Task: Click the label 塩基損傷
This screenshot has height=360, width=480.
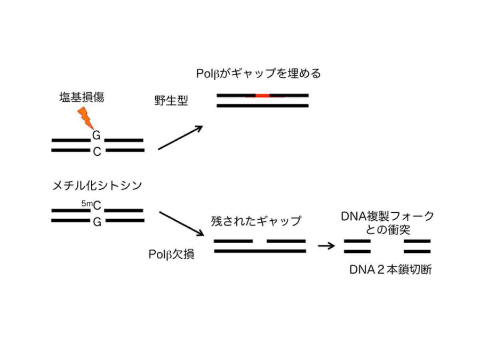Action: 82,97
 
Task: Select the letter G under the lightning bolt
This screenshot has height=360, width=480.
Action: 97,135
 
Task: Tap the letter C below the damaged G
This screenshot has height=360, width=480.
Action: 97,152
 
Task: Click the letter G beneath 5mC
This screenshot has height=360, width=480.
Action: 97,222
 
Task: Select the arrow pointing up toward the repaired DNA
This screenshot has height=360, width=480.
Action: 181,138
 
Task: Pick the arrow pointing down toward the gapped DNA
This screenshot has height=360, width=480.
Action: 181,224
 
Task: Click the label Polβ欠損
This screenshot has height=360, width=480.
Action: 171,254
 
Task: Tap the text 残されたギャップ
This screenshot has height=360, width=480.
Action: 255,221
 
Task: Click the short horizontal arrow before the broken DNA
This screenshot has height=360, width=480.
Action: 326,246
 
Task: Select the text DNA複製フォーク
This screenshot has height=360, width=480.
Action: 387,217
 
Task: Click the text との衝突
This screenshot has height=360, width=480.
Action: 387,230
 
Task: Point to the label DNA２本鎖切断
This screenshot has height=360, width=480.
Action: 390,270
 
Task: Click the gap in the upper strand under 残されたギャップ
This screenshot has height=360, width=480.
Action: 259,242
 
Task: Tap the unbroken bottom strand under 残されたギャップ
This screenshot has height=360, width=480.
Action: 260,251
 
